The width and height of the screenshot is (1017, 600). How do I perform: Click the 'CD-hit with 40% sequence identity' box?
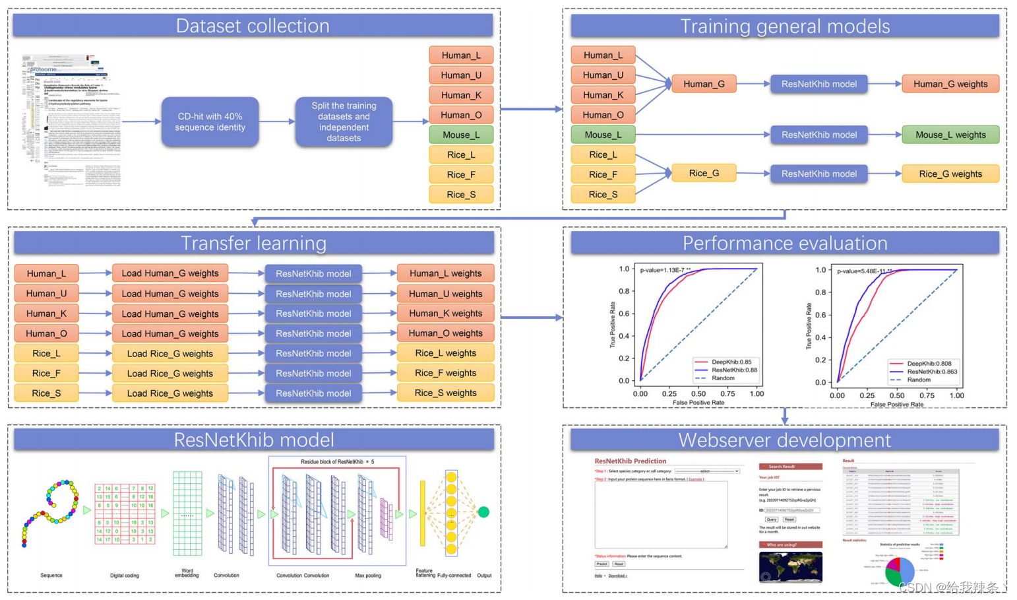(210, 122)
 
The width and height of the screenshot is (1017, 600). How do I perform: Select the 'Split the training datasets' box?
(344, 122)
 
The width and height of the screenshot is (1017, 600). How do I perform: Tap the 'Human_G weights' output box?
(950, 84)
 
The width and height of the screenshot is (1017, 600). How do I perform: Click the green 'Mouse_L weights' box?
(950, 135)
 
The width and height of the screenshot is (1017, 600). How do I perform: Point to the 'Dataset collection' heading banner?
(253, 26)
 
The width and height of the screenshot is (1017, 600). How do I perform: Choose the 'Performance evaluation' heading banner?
(784, 243)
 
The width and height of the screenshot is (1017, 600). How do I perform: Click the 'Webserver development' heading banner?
(784, 440)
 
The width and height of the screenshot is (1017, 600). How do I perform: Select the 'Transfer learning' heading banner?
(254, 243)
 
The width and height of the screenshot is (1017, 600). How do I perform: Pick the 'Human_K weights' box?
(445, 314)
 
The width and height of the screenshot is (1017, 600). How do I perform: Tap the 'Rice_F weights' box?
(445, 373)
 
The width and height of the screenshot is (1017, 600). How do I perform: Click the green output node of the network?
(483, 512)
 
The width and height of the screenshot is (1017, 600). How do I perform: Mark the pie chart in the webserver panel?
(899, 571)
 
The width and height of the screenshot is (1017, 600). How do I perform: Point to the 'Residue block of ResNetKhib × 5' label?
(337, 461)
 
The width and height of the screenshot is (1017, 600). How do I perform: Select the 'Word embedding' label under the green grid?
(187, 573)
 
